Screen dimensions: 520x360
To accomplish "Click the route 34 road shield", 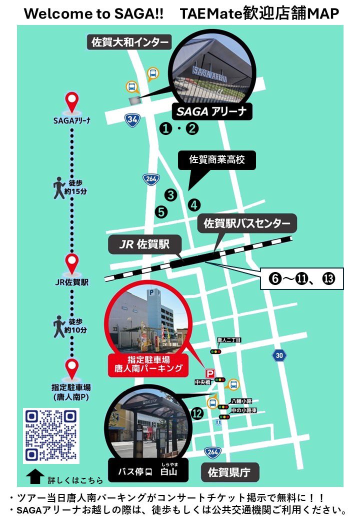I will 132,119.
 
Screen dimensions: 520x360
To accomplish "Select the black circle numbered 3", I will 171,195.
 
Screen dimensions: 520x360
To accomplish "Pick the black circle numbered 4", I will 194,204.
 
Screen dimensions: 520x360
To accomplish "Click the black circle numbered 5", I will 161,211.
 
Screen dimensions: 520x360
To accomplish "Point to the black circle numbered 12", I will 197,413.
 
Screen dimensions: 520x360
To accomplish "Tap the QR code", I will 51,435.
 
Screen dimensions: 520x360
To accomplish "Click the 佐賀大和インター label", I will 129,42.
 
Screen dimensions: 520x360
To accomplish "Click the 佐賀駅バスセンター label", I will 247,223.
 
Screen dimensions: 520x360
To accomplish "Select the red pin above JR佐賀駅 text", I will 72,263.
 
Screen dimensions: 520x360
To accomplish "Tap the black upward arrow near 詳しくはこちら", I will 34,476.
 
